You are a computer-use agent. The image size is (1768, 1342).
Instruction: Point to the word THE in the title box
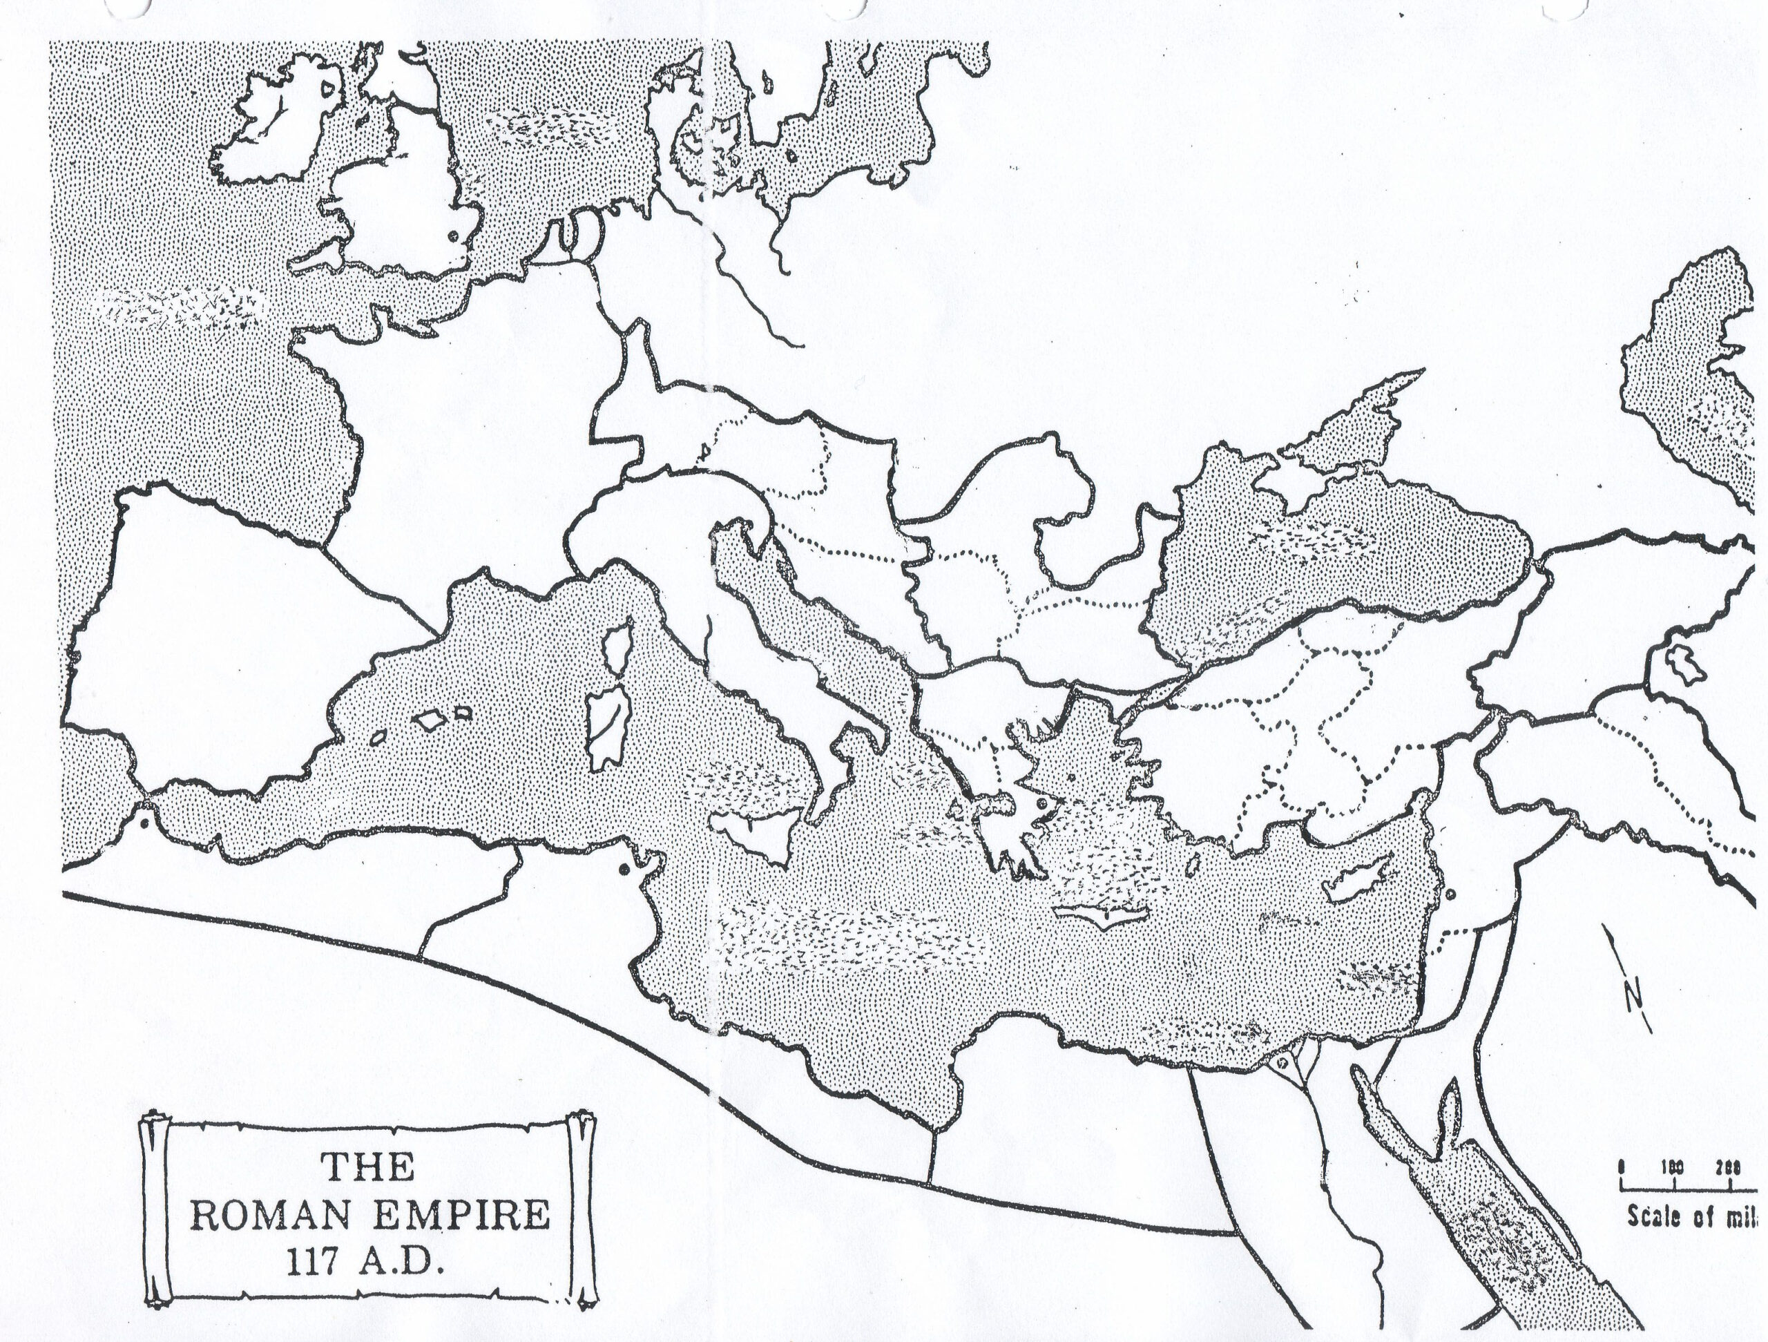(369, 1169)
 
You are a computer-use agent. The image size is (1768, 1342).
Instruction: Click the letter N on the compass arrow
(1633, 996)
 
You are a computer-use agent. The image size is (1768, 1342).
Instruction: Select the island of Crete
(1102, 914)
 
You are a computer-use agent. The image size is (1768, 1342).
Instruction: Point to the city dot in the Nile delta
(1282, 1063)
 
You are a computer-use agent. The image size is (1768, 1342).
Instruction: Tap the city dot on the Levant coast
(1450, 894)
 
